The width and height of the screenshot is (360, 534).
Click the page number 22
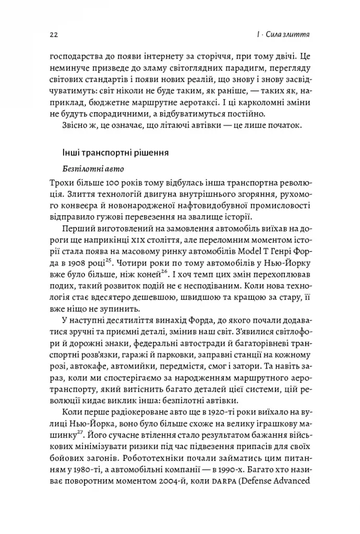[53, 34]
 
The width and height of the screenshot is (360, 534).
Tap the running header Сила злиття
[291, 34]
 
